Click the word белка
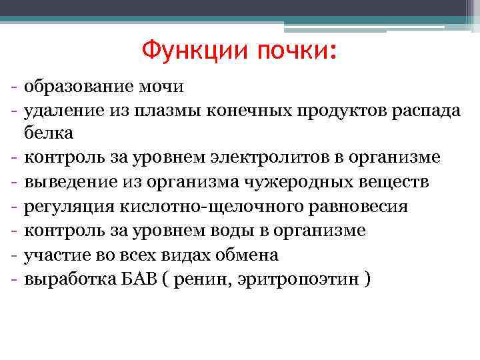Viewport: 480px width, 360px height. point(49,133)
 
